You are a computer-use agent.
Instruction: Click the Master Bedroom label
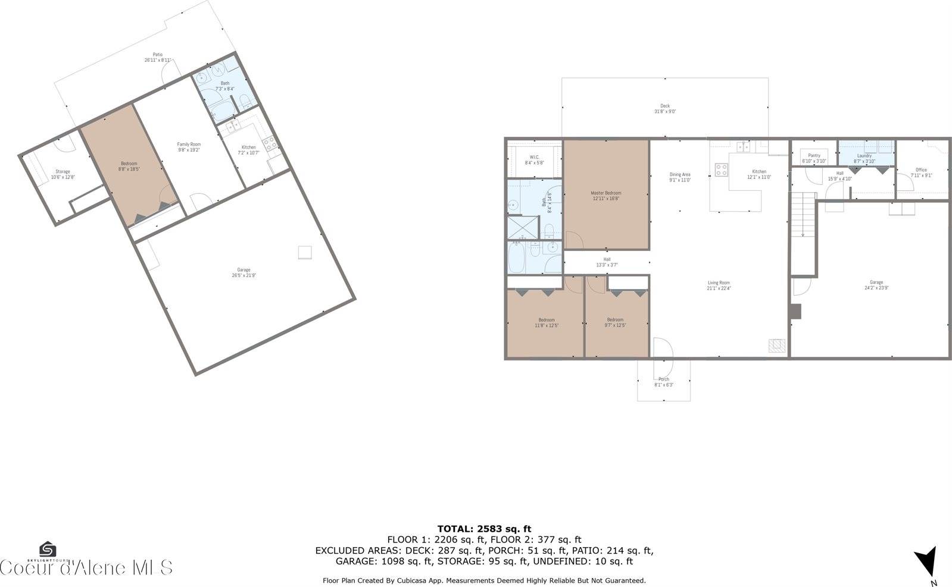point(605,195)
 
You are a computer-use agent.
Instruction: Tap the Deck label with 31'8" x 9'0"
point(664,108)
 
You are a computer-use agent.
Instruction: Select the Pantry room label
point(814,158)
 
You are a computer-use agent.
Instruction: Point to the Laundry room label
point(864,158)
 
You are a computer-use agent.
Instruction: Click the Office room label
point(921,172)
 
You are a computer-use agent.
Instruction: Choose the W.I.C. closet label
point(534,159)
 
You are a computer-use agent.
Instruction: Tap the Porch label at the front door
point(664,382)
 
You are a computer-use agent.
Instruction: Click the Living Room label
point(719,285)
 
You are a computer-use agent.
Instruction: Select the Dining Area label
point(679,177)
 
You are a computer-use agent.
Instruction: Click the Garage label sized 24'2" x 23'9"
point(876,285)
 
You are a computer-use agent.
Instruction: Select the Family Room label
point(189,147)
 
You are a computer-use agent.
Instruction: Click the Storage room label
point(63,174)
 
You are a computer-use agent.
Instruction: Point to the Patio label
point(157,57)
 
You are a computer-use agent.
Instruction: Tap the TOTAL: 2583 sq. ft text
point(484,528)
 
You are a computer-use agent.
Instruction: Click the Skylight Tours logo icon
point(48,548)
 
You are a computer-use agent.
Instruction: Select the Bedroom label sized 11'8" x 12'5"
point(546,322)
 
